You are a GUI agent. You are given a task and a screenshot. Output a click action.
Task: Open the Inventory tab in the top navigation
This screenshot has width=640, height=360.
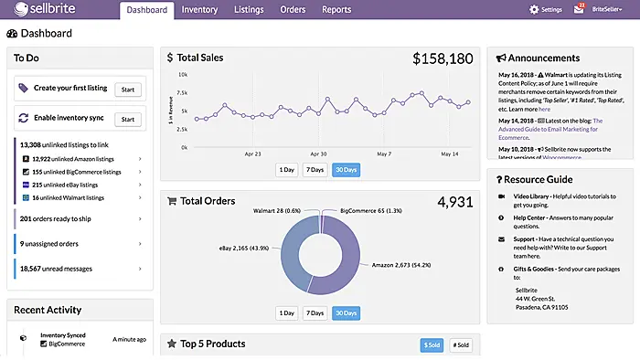tap(199, 10)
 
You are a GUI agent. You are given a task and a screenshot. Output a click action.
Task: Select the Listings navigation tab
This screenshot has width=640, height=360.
tap(249, 10)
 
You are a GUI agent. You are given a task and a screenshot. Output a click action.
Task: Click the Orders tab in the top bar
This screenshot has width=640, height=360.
tap(293, 10)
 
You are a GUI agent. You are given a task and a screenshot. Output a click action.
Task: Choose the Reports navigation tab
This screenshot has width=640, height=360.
tap(336, 10)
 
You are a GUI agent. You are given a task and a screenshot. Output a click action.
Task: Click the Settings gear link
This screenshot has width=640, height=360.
tap(546, 10)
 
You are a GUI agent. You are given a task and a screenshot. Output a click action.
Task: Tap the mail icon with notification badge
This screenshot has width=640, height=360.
tap(578, 10)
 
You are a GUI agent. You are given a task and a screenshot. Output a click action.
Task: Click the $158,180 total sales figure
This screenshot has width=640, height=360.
tap(442, 58)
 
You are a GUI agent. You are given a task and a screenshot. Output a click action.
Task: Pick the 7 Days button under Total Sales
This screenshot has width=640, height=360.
tap(314, 169)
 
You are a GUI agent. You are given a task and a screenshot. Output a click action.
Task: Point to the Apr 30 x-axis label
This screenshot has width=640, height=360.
tap(318, 154)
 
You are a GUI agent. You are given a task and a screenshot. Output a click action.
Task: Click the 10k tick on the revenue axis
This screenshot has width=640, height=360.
tap(183, 75)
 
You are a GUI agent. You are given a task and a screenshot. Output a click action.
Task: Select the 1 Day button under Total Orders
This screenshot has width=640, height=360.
tap(288, 312)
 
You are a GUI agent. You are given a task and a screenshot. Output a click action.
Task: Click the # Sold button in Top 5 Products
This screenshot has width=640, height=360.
tap(460, 345)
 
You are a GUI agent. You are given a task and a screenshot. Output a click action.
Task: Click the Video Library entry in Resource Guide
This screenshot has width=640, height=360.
tap(533, 196)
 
